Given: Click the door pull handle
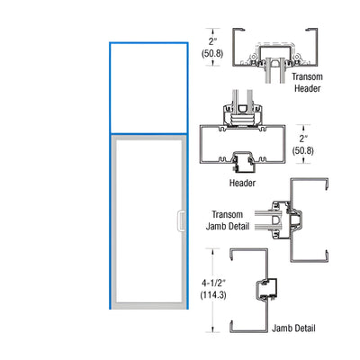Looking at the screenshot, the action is (181, 220).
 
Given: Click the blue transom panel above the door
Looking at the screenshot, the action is (148, 88).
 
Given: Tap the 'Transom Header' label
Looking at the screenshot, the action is (307, 83).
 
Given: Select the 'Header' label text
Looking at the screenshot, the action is (242, 183).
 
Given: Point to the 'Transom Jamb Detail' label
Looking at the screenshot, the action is (228, 220).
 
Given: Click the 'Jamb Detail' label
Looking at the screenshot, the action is (293, 328).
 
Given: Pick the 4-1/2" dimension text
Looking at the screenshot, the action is (213, 283).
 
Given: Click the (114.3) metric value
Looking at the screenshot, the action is (213, 295).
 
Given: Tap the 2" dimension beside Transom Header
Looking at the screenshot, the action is (212, 40).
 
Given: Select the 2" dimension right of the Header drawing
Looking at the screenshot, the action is (303, 139).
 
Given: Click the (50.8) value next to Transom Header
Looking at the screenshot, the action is (212, 53).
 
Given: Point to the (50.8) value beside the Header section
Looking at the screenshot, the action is (303, 150).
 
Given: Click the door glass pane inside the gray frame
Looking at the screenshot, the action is (148, 220).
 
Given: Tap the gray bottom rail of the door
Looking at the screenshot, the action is (148, 306).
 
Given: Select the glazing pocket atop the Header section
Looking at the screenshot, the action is (243, 115).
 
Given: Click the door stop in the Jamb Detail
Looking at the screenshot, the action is (266, 289).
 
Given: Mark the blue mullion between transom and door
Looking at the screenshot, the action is (148, 133).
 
